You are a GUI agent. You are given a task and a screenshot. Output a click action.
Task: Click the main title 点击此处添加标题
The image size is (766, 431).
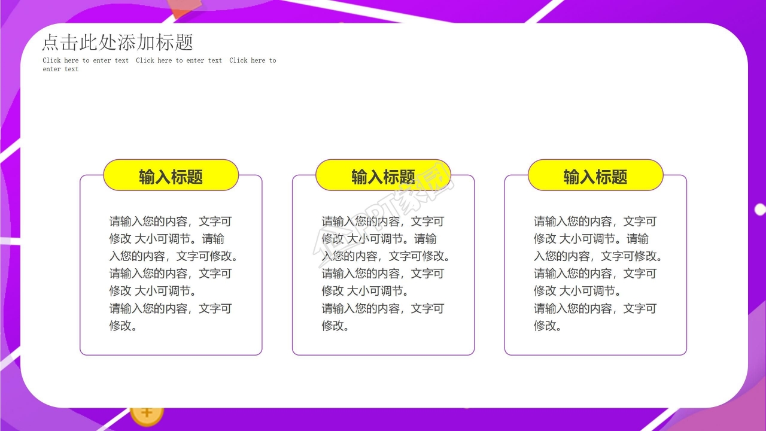[118, 42]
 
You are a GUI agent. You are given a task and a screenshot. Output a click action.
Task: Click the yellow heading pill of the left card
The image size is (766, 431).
[171, 175]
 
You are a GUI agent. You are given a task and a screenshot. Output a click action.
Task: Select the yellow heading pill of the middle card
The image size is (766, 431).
[383, 175]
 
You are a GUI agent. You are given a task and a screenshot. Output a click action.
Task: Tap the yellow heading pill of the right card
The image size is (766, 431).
[595, 175]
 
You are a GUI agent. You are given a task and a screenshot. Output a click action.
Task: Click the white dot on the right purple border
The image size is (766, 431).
[760, 210]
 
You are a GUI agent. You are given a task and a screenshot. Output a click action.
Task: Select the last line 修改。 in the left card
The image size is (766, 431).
[123, 326]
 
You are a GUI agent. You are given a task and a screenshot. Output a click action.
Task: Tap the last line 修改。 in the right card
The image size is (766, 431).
[548, 326]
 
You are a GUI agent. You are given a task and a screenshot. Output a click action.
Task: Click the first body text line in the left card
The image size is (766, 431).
[171, 221]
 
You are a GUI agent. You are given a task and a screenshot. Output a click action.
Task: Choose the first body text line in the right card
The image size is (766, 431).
[595, 221]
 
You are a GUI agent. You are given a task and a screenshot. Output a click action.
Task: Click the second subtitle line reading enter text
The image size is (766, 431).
[60, 69]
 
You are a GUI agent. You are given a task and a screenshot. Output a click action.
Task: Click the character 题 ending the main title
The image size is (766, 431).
[184, 42]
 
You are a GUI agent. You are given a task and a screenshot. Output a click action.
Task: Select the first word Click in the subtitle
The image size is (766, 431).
[51, 60]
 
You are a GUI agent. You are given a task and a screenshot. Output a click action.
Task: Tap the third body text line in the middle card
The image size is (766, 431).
[385, 256]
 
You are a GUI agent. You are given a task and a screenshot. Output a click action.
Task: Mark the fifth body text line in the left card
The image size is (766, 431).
[153, 291]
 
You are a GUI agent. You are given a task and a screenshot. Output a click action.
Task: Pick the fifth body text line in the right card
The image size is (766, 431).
[577, 291]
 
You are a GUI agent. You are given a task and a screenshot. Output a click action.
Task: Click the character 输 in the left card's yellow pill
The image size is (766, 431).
[147, 177]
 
